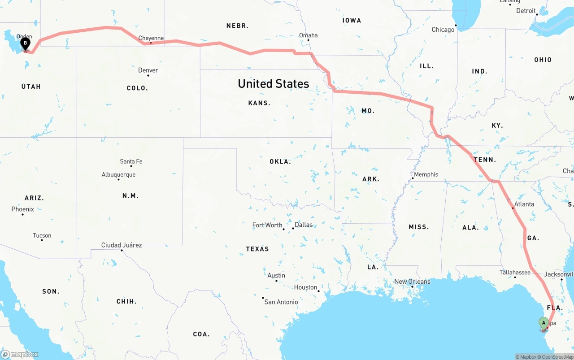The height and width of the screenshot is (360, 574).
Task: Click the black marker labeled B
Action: (26, 44)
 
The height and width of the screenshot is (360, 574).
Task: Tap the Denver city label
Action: (148, 70)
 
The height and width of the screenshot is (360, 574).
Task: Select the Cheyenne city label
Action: (151, 39)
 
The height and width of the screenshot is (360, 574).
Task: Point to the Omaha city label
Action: (309, 35)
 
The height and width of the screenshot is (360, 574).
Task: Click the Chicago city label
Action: (443, 30)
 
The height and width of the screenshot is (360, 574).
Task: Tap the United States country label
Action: (274, 84)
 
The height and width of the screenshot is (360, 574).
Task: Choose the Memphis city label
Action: (426, 174)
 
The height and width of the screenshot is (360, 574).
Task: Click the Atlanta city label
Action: (524, 204)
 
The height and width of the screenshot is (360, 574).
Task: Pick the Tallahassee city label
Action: (515, 273)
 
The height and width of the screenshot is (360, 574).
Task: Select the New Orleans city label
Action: (412, 282)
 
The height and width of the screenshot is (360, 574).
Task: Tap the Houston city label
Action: (306, 287)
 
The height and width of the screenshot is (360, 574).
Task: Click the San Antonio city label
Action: (281, 302)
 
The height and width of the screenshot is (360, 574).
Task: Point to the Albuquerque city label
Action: (118, 175)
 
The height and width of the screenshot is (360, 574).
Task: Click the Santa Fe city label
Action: (131, 161)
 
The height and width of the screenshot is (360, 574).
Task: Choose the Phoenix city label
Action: (22, 209)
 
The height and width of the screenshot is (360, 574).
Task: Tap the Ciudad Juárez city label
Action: (122, 245)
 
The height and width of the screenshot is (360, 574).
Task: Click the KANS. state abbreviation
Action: (259, 103)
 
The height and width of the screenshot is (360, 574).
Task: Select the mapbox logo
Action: (20, 355)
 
